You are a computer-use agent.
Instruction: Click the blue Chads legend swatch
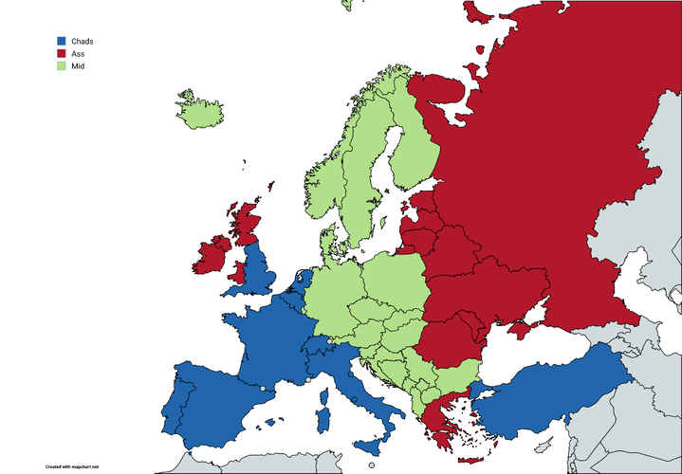pos(63,41)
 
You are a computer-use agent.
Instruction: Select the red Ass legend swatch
pos(63,54)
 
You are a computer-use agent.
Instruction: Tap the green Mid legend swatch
pos(63,66)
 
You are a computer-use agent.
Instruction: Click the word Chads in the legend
pos(83,41)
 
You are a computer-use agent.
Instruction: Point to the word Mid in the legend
pos(78,66)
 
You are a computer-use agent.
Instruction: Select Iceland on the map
pos(200,112)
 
